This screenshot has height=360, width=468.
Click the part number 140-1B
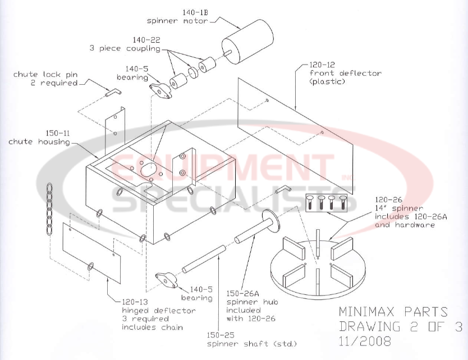195,12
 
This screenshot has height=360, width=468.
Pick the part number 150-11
57,133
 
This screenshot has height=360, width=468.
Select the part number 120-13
138,302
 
